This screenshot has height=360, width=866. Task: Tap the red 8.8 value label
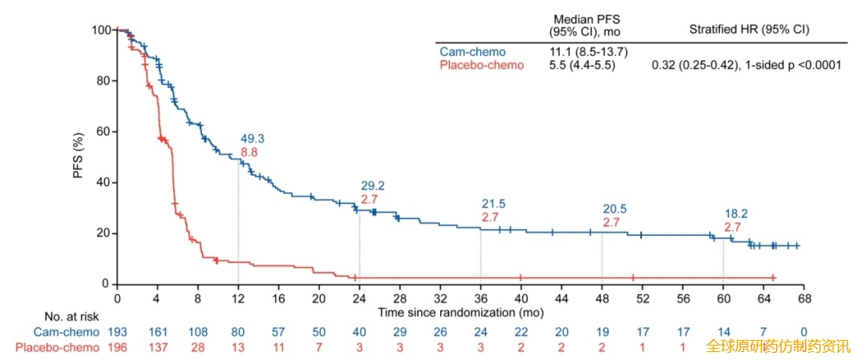[x=249, y=152]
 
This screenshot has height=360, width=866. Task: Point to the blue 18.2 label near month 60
[x=736, y=213]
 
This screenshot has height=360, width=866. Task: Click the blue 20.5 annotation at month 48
[x=614, y=209]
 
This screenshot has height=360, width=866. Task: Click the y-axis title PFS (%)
[x=80, y=157]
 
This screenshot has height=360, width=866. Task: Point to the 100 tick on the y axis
[x=103, y=30]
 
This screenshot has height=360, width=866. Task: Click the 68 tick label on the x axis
[x=804, y=297]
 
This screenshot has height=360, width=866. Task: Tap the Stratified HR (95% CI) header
[x=749, y=29]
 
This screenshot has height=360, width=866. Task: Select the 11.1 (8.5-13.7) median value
[x=588, y=52]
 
